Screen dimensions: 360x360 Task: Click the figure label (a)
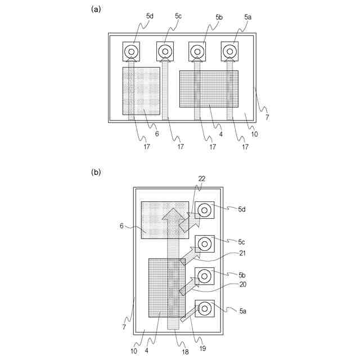click(95, 8)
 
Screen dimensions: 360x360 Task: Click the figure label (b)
click(95, 173)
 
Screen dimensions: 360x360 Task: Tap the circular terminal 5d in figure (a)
click(132, 52)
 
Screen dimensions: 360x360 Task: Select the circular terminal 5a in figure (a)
click(229, 52)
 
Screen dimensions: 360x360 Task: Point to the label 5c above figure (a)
click(178, 16)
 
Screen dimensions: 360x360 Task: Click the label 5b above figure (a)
click(219, 17)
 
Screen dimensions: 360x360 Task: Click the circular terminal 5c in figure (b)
click(204, 244)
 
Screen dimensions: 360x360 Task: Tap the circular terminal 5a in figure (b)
click(204, 309)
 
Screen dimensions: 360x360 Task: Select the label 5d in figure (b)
click(241, 209)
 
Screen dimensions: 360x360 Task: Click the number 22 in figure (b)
click(201, 178)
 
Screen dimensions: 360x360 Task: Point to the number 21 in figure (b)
click(242, 254)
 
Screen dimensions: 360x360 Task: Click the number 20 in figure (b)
click(242, 285)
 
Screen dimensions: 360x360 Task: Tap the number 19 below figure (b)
click(202, 348)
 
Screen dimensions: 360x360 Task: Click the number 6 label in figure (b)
click(121, 226)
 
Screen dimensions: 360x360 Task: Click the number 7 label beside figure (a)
click(267, 118)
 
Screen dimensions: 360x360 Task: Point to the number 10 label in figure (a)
click(255, 135)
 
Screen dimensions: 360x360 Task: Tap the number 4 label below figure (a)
click(220, 135)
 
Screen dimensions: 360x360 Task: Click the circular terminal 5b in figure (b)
click(204, 276)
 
